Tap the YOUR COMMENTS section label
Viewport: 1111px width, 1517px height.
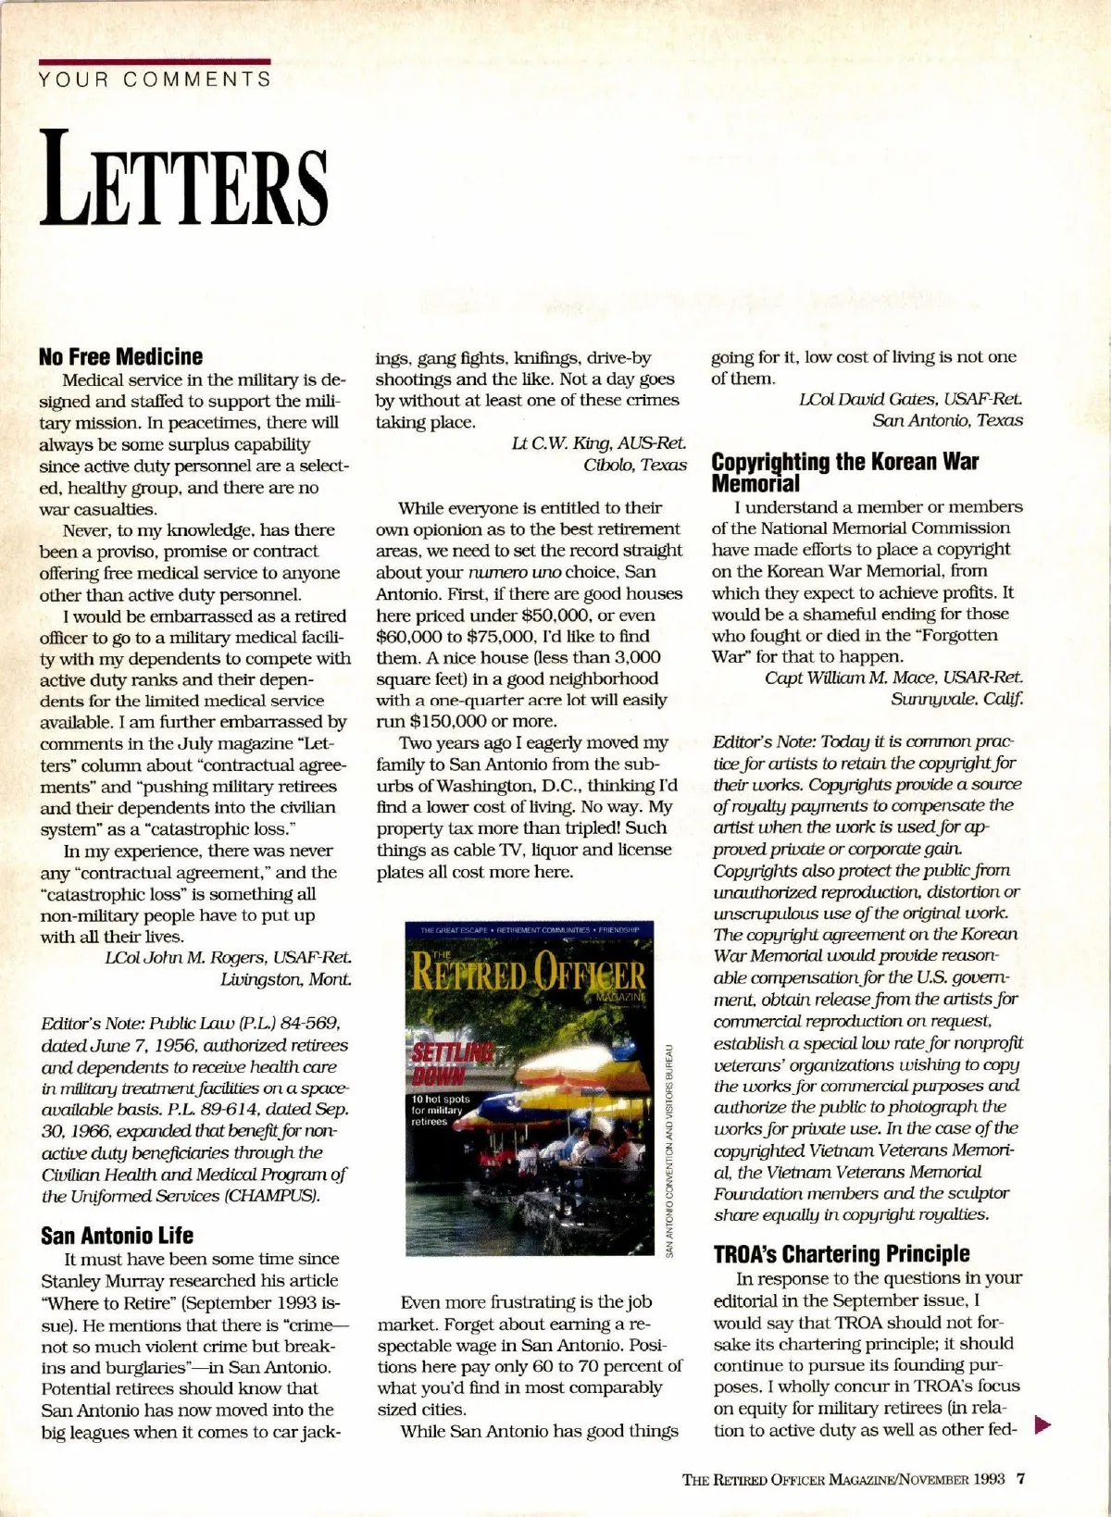[155, 79]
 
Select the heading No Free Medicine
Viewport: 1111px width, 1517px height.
[121, 356]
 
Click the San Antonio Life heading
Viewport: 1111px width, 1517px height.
[117, 1235]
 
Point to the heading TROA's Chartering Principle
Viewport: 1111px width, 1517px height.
[841, 1254]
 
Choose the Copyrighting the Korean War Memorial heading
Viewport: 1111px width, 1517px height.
[844, 472]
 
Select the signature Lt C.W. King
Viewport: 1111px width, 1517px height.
[599, 443]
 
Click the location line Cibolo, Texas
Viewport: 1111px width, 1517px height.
[634, 465]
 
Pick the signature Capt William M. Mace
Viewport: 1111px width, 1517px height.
[893, 678]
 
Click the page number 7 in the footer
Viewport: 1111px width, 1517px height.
[1021, 1478]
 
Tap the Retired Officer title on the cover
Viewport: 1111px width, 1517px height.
[529, 975]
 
